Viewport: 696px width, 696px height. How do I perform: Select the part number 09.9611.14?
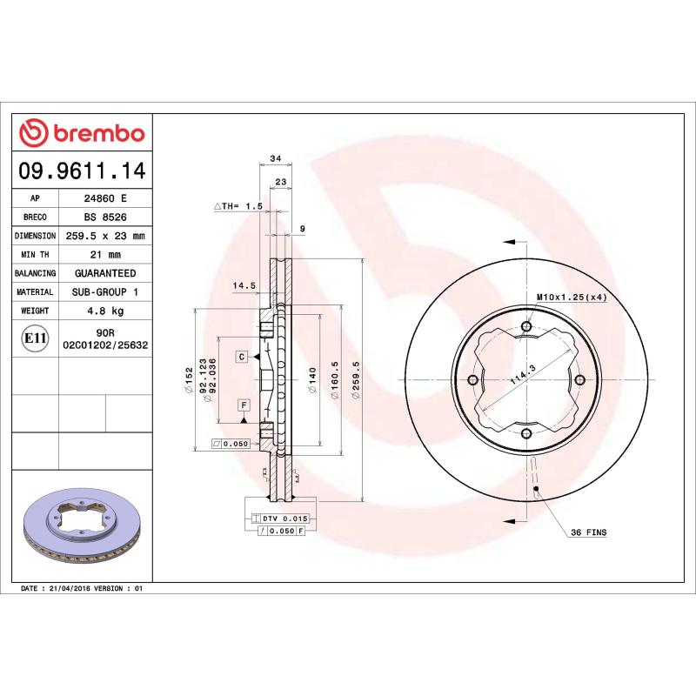point(83,171)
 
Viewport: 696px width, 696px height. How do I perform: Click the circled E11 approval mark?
point(35,338)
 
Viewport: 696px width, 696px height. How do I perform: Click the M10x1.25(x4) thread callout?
point(571,298)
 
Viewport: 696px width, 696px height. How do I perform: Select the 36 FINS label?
point(588,532)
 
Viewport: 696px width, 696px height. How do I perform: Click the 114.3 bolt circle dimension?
point(521,375)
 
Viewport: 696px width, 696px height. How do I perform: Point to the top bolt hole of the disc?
point(526,327)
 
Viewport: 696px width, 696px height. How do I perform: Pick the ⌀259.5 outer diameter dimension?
point(354,381)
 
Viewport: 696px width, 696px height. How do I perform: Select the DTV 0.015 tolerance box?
point(285,519)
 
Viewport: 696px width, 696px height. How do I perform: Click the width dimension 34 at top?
point(275,158)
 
